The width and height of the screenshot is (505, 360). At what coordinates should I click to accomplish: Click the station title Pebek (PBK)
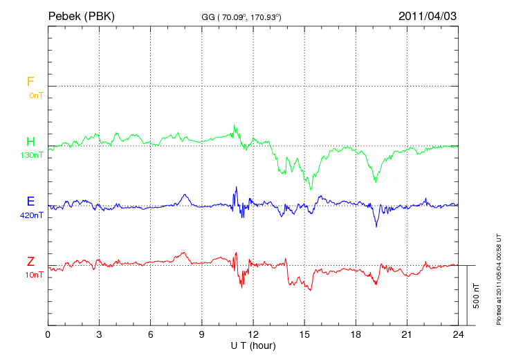pos(82,16)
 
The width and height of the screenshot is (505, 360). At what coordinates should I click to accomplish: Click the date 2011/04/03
pos(428,16)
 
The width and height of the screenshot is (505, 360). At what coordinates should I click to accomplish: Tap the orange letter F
pos(30,82)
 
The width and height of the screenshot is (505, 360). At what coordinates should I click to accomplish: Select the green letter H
pos(30,142)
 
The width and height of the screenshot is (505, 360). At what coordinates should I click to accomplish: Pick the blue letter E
pos(30,201)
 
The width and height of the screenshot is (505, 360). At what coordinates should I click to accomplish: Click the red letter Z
pos(30,261)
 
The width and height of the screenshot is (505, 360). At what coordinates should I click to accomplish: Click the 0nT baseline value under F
pos(36,96)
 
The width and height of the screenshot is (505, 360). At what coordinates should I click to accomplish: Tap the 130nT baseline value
pos(32,155)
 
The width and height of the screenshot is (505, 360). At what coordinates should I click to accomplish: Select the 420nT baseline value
pos(32,215)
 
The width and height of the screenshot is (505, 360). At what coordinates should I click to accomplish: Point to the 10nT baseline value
pos(34,275)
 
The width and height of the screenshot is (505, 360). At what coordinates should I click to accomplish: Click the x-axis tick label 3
pos(100,334)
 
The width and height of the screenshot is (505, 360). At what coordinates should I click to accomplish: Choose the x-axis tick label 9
pos(202,334)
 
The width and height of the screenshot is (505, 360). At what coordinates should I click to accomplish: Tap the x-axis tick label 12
pos(253,334)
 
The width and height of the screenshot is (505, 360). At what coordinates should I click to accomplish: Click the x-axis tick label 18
pos(356,334)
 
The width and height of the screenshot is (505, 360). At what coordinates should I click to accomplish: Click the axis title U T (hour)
pos(253,345)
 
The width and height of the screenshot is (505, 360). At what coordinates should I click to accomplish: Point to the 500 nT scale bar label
pos(477,296)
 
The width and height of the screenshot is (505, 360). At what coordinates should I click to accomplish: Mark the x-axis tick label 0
pos(48,334)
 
